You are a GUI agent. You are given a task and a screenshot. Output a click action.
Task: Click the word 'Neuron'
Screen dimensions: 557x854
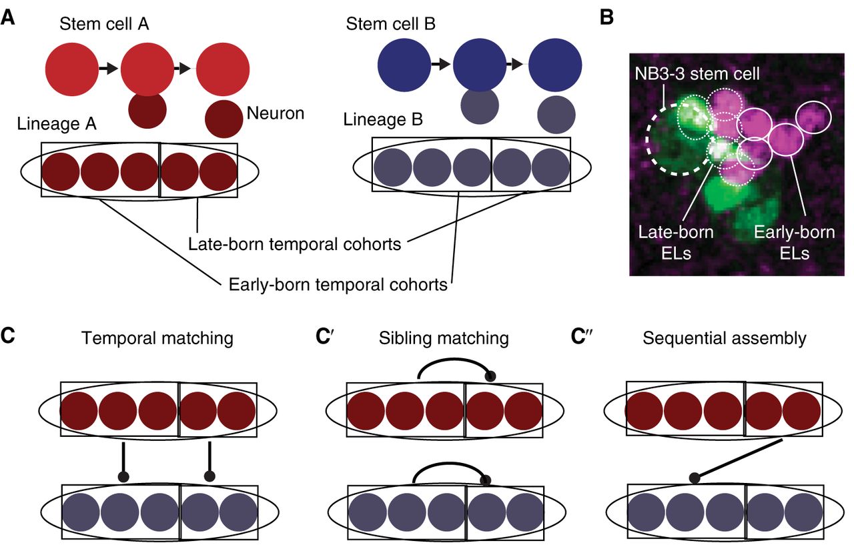coord(276,113)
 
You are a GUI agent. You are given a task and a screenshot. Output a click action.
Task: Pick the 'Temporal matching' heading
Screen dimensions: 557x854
coord(157,338)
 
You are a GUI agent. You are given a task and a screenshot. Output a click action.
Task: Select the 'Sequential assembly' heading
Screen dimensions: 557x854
coord(725,338)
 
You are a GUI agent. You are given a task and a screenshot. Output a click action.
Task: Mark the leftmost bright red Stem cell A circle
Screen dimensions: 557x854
coord(71,67)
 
